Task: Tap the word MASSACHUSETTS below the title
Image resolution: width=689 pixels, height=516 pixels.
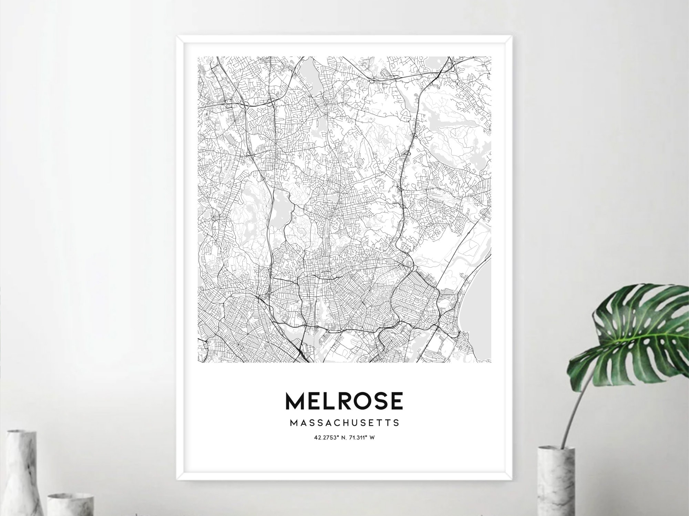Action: pos(344,423)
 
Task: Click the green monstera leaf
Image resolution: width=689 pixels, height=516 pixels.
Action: pos(637,331)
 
